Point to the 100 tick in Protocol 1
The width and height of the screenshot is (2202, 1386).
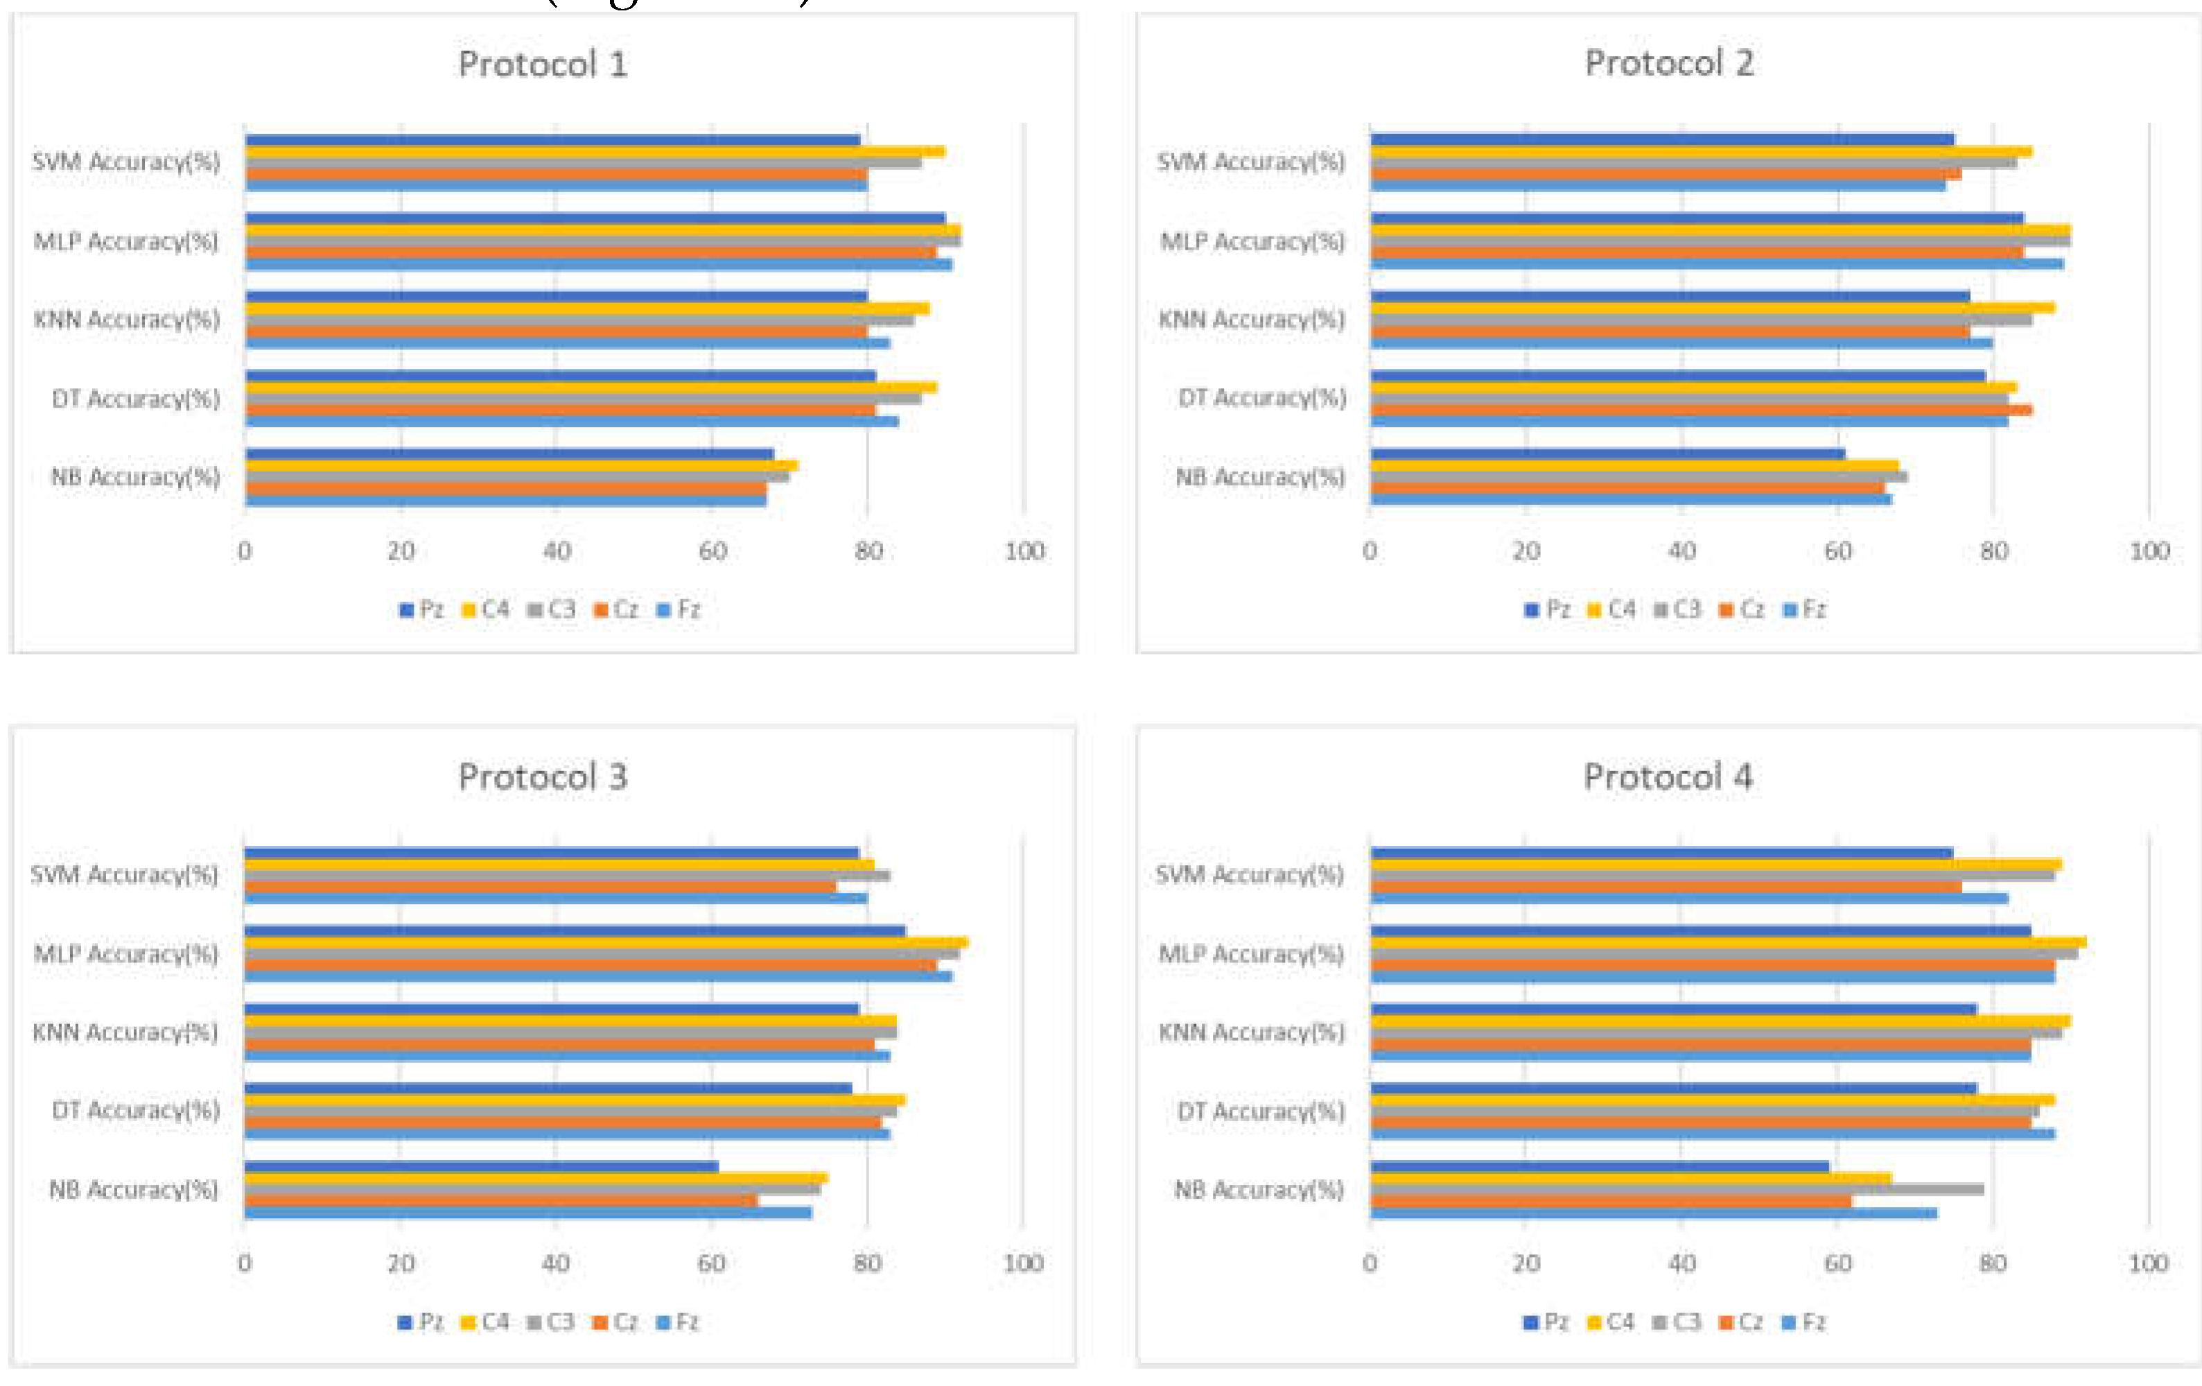click(x=1024, y=551)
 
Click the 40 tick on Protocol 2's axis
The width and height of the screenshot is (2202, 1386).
click(x=1681, y=551)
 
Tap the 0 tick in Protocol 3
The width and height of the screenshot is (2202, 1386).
click(x=244, y=1263)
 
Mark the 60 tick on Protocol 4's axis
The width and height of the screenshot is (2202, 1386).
click(x=1837, y=1263)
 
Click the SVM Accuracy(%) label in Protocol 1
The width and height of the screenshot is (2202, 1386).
click(x=126, y=162)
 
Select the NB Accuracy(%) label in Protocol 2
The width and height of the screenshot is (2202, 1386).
click(x=1260, y=476)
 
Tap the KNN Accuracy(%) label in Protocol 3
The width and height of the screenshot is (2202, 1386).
click(x=125, y=1032)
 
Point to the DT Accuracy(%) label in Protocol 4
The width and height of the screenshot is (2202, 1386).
click(x=1261, y=1111)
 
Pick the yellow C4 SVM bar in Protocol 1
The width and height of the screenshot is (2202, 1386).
click(x=595, y=152)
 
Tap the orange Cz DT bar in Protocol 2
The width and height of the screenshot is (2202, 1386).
click(x=1701, y=410)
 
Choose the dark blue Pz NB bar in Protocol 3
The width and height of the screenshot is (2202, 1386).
click(x=480, y=1166)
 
